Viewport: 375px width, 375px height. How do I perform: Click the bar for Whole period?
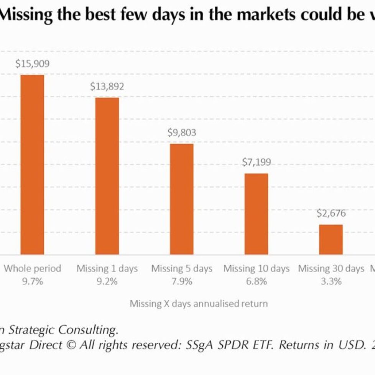[32, 164]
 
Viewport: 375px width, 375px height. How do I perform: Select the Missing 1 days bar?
[107, 176]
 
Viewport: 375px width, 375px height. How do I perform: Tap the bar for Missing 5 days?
[182, 199]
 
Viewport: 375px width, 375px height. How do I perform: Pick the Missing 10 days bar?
[256, 214]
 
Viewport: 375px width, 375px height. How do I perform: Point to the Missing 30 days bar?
[331, 239]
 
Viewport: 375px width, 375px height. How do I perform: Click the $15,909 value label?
[32, 64]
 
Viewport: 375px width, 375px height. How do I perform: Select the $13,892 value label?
[107, 87]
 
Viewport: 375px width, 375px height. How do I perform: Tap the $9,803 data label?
[182, 133]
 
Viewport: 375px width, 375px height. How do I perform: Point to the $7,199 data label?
[256, 162]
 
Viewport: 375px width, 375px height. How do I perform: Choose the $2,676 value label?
[331, 214]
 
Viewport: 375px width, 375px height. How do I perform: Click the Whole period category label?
[32, 268]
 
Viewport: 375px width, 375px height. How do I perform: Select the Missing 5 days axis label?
[182, 268]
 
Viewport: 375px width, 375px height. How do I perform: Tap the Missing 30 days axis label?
[331, 268]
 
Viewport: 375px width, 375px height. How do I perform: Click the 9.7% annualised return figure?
[32, 281]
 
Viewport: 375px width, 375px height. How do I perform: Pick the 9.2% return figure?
[107, 281]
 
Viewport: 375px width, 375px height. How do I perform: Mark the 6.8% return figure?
[256, 281]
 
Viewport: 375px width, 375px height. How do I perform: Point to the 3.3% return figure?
[331, 281]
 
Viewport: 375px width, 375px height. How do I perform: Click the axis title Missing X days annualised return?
[199, 304]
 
